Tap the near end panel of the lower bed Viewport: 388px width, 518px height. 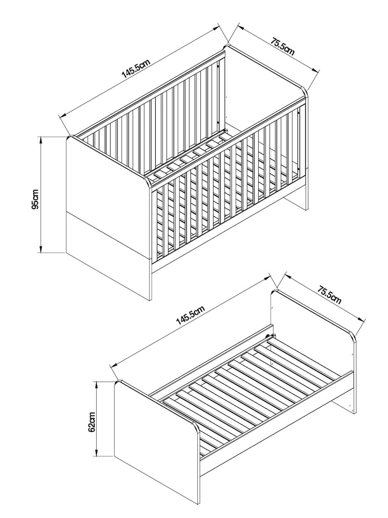tap(155, 440)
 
